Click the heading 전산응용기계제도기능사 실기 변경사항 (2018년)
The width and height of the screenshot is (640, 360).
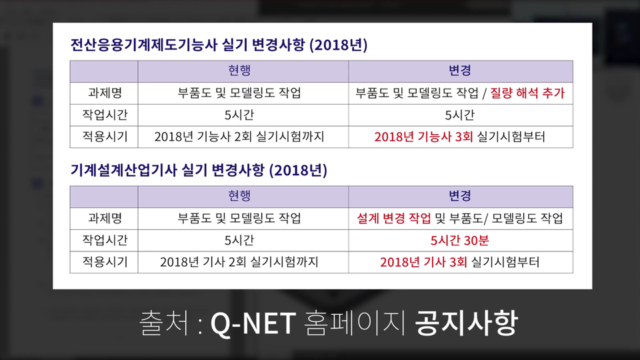tap(219, 45)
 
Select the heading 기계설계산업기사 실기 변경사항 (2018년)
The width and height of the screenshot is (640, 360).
tap(199, 170)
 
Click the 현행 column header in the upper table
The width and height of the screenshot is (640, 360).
tap(239, 71)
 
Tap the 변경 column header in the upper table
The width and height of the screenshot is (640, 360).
tap(460, 71)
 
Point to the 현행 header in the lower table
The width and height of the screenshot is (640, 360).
tap(239, 196)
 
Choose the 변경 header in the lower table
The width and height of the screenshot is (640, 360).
tap(460, 196)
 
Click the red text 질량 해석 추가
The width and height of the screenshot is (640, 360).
tap(527, 93)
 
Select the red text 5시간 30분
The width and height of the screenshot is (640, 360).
tap(459, 241)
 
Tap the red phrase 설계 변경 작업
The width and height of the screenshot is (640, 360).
tap(394, 219)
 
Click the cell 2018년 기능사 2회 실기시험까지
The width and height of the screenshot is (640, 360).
tap(239, 137)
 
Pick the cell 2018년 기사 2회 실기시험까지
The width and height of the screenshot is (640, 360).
tap(239, 262)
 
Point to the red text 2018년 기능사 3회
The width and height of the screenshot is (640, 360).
tap(424, 137)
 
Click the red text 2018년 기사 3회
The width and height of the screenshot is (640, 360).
tap(424, 262)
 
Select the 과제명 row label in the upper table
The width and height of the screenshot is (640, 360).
tap(105, 93)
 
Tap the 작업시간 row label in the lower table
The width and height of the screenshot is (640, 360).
tap(105, 241)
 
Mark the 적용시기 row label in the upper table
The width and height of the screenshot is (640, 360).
tap(105, 137)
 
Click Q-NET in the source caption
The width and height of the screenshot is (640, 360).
tap(253, 324)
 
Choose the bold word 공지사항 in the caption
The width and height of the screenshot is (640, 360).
tap(466, 323)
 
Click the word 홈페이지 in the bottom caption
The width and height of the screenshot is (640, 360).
tap(355, 323)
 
